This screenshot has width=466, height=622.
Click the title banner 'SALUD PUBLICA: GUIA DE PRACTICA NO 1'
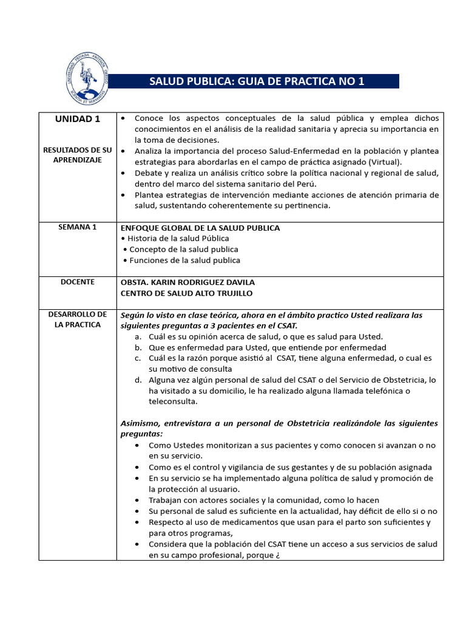[x=257, y=81]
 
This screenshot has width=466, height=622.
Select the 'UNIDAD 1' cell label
[x=78, y=119]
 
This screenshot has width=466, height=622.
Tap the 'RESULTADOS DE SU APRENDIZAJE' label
[x=78, y=154]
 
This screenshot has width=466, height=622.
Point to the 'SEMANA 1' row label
[x=78, y=227]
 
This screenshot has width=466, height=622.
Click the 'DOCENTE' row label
[x=78, y=282]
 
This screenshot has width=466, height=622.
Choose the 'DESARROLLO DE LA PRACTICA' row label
[x=78, y=320]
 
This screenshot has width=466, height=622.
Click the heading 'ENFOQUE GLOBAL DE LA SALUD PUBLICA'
[x=200, y=228]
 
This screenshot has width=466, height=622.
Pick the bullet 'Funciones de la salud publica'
[x=184, y=261]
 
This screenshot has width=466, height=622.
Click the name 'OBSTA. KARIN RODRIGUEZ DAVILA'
[x=187, y=282]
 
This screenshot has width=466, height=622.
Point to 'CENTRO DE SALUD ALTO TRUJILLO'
[x=186, y=293]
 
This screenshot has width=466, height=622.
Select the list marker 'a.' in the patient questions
[x=138, y=337]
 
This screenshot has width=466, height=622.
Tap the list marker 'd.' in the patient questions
[x=138, y=380]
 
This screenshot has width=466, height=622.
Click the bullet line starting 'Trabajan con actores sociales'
[x=264, y=501]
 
